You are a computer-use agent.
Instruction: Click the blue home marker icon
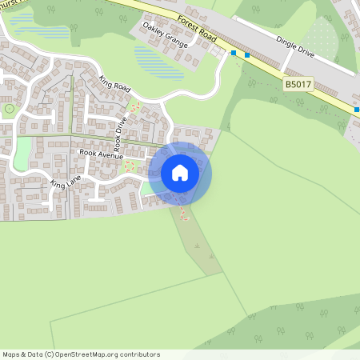tap(180, 173)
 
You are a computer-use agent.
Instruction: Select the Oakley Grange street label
tap(166, 34)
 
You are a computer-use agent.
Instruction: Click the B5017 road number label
tap(297, 82)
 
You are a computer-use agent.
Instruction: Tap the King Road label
tap(114, 82)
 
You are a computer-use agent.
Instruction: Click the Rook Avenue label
tap(98, 151)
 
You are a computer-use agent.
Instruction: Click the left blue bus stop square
tap(234, 53)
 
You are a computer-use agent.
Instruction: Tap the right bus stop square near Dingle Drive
tap(247, 55)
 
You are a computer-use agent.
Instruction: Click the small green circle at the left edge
tap(9, 107)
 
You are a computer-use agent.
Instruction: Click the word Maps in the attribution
tap(11, 354)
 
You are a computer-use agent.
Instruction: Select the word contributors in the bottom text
tap(140, 354)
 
